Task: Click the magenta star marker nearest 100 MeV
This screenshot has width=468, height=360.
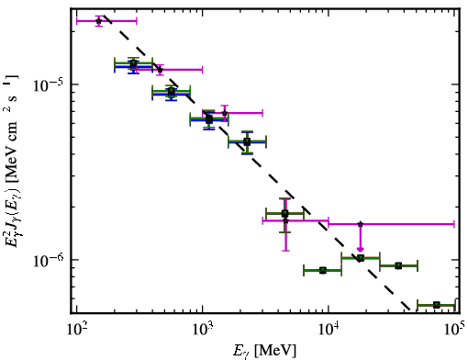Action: click(98, 21)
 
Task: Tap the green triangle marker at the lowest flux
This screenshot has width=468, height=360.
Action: click(437, 305)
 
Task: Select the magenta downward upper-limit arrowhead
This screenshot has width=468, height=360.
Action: click(361, 249)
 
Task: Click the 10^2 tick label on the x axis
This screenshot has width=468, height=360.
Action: click(76, 330)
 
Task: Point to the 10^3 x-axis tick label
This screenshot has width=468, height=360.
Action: click(203, 330)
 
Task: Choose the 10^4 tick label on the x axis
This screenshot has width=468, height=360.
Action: click(329, 330)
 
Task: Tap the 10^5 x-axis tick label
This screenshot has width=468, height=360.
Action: click(455, 330)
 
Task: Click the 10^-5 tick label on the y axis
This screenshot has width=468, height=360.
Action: click(49, 85)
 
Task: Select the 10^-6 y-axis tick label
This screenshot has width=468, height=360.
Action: click(49, 261)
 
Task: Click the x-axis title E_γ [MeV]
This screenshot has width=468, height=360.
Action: click(265, 351)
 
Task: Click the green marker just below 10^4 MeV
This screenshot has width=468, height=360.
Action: click(323, 270)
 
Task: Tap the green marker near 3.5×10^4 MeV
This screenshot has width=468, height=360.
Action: click(398, 265)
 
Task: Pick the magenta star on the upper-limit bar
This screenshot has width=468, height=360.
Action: click(361, 224)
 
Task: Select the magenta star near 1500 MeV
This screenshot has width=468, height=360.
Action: click(225, 113)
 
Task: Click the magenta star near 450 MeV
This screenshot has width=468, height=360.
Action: click(160, 70)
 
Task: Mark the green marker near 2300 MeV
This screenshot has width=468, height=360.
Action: click(247, 141)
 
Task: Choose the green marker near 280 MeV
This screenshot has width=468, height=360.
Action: click(133, 63)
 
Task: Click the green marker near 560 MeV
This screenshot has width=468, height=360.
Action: click(172, 91)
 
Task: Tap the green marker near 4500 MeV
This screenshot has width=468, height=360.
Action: click(284, 213)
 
